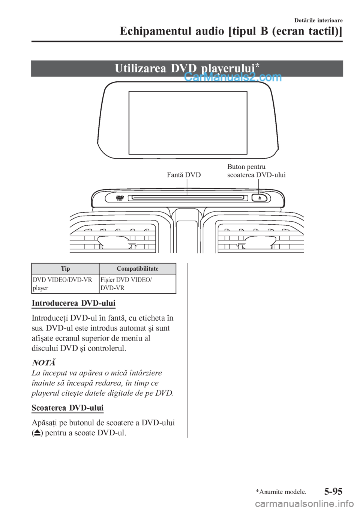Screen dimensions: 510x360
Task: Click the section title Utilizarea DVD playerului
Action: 187,68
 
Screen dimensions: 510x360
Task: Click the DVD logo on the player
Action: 120,198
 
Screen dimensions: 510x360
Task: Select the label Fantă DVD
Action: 184,175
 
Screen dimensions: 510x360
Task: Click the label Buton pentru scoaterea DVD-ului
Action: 256,171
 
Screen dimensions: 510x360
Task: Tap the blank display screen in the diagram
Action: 188,122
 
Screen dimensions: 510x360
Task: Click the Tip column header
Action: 65,268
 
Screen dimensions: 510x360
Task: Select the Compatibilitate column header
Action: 137,268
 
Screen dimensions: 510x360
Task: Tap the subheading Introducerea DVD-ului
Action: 73,303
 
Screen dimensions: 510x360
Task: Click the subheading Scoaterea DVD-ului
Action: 67,408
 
